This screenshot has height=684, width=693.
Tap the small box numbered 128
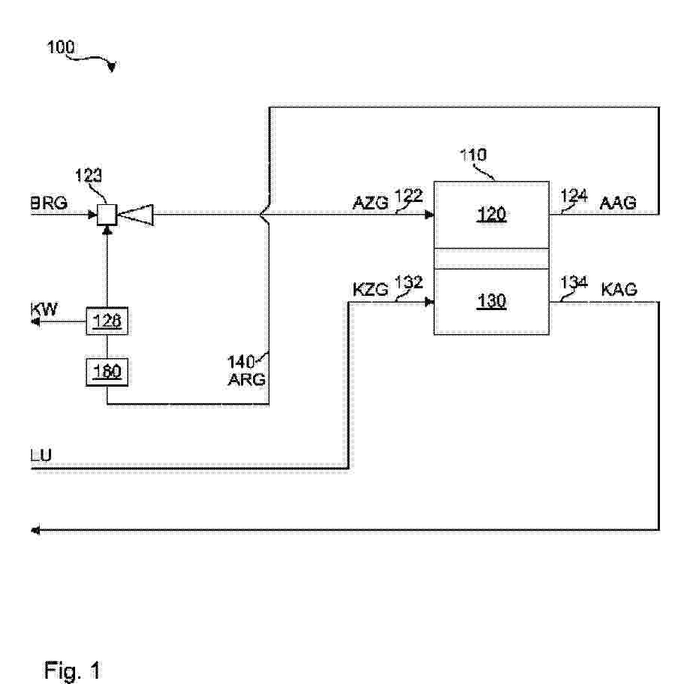[107, 323]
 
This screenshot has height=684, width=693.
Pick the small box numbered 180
[107, 371]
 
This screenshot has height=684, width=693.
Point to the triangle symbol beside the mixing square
[137, 216]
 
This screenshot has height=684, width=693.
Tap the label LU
[42, 456]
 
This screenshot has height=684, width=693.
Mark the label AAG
[618, 203]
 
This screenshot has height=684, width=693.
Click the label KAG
[619, 289]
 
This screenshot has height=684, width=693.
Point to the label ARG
[247, 379]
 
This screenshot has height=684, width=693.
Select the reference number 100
[61, 47]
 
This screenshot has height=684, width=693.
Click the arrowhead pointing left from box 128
[35, 323]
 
